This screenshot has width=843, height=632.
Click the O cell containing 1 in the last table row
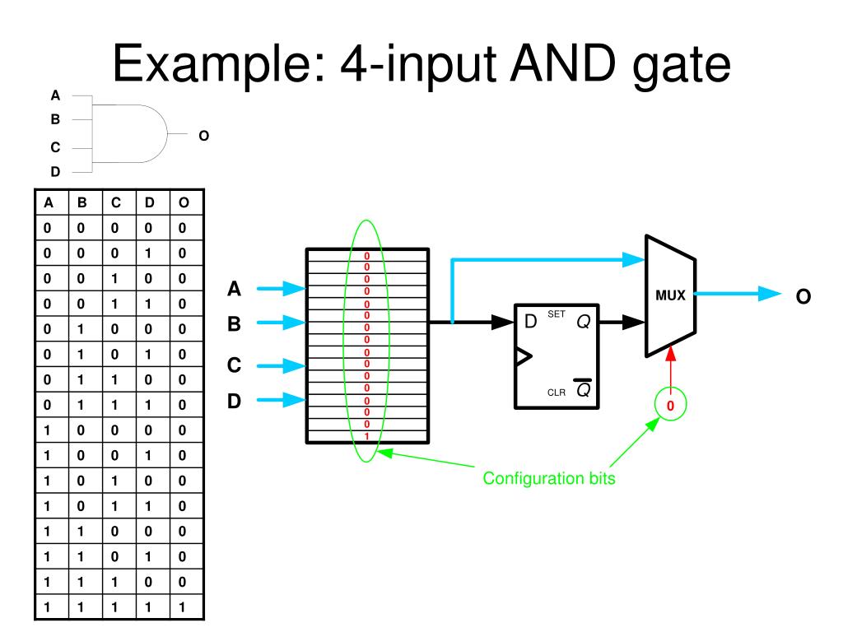point(183,610)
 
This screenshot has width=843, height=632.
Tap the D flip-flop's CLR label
point(557,393)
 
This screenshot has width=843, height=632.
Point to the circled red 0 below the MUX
point(670,406)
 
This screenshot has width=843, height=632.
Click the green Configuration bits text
point(548,478)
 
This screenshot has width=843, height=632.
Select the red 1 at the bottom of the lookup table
point(366,435)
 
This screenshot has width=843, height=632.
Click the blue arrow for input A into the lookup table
point(281,289)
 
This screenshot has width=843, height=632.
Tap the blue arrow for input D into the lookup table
point(281,401)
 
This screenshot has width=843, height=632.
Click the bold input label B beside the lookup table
point(235,325)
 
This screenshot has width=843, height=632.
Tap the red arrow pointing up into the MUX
point(671,366)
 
